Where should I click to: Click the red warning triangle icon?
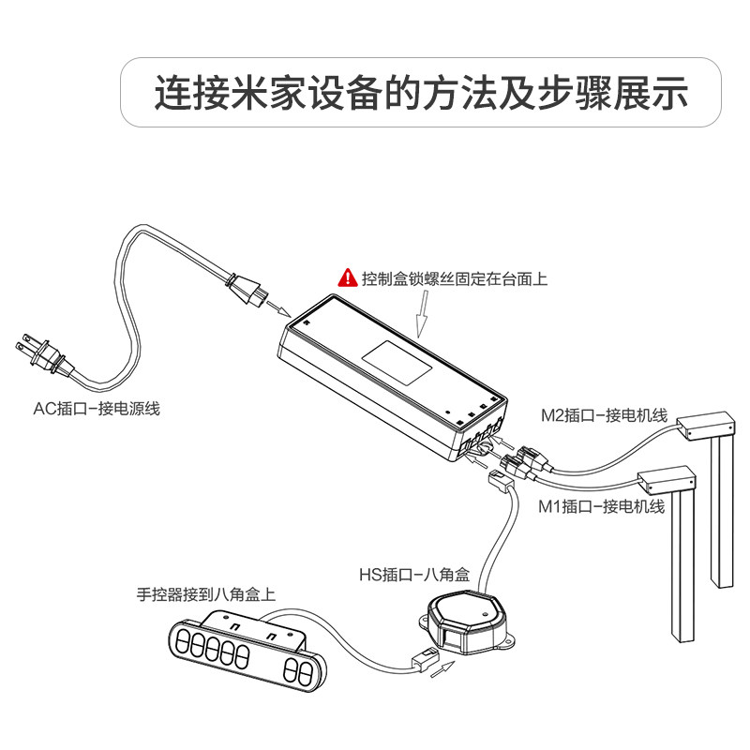pyautogui.click(x=347, y=278)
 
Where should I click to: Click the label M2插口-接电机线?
pyautogui.click(x=604, y=414)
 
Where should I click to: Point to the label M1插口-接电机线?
pyautogui.click(x=602, y=507)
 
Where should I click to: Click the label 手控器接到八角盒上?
pyautogui.click(x=206, y=593)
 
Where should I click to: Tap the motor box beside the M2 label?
pyautogui.click(x=702, y=427)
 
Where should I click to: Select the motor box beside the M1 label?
pyautogui.click(x=667, y=481)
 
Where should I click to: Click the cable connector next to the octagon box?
pyautogui.click(x=424, y=658)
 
